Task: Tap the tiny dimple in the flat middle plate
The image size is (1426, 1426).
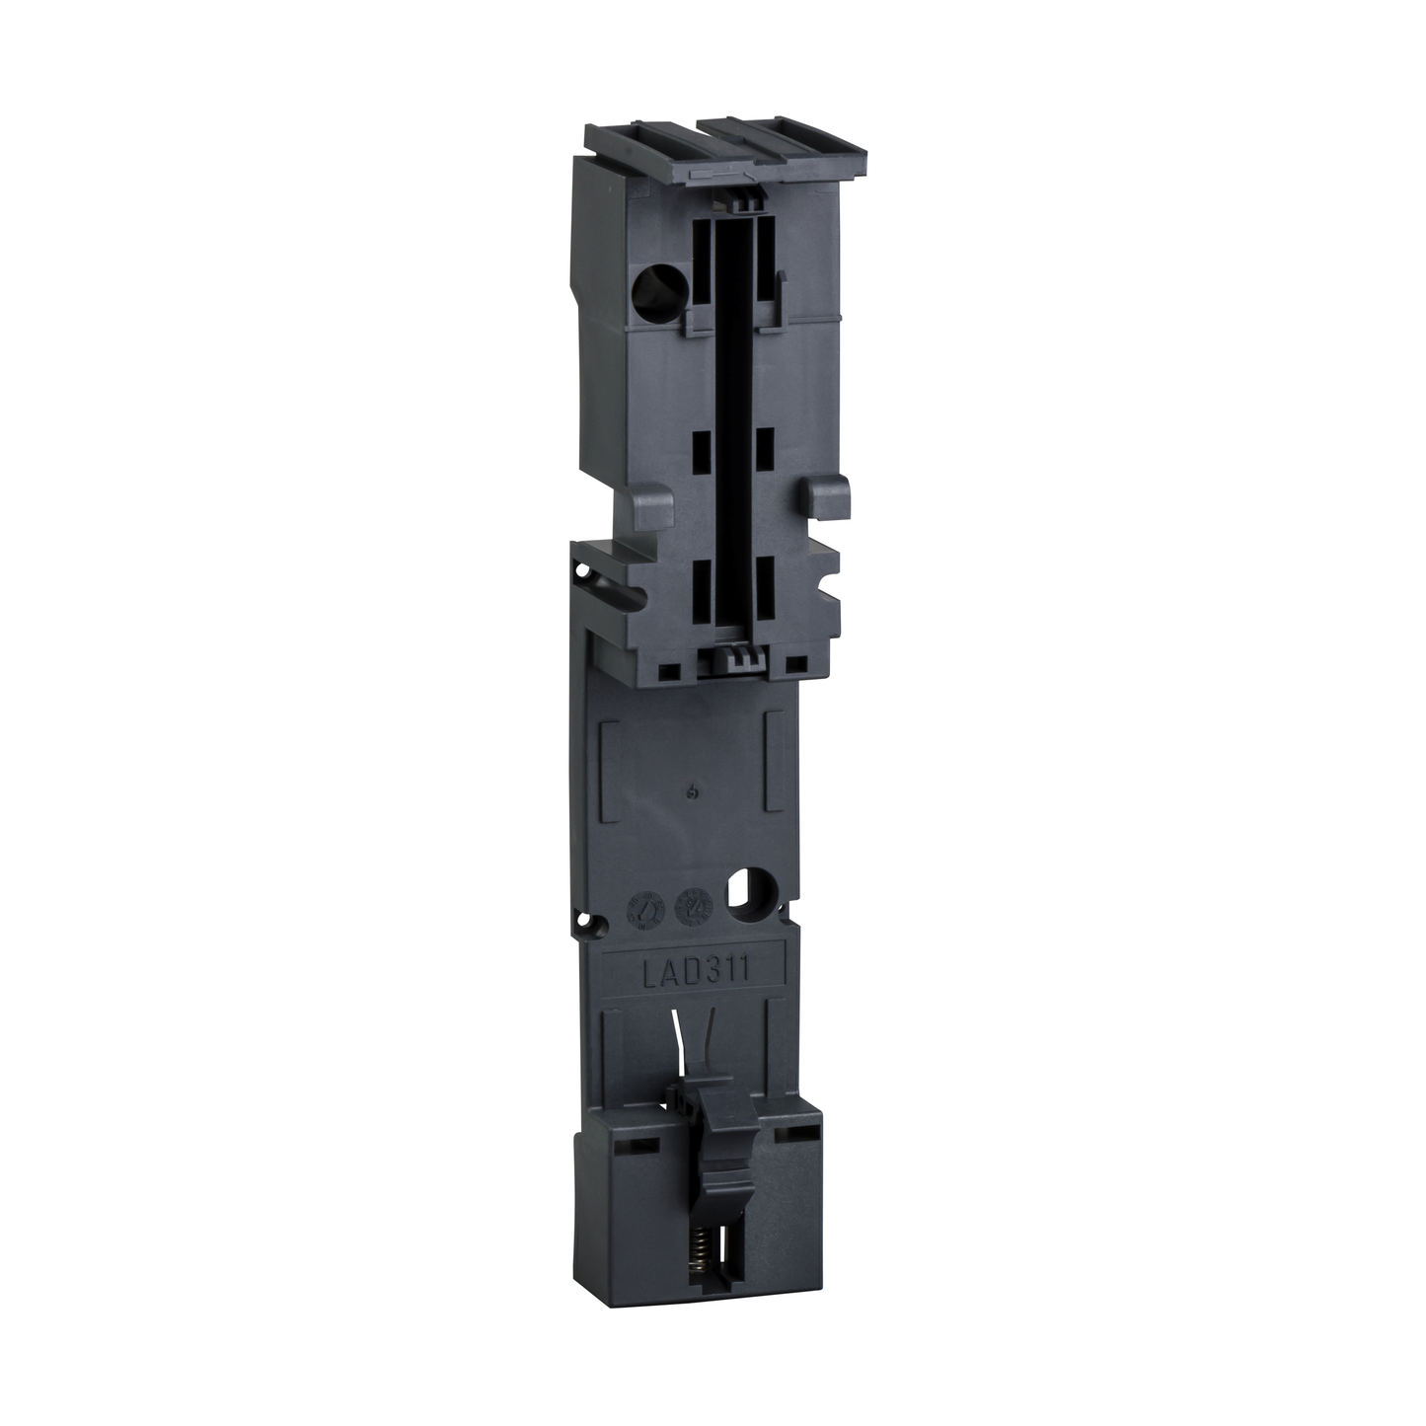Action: click(x=696, y=791)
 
